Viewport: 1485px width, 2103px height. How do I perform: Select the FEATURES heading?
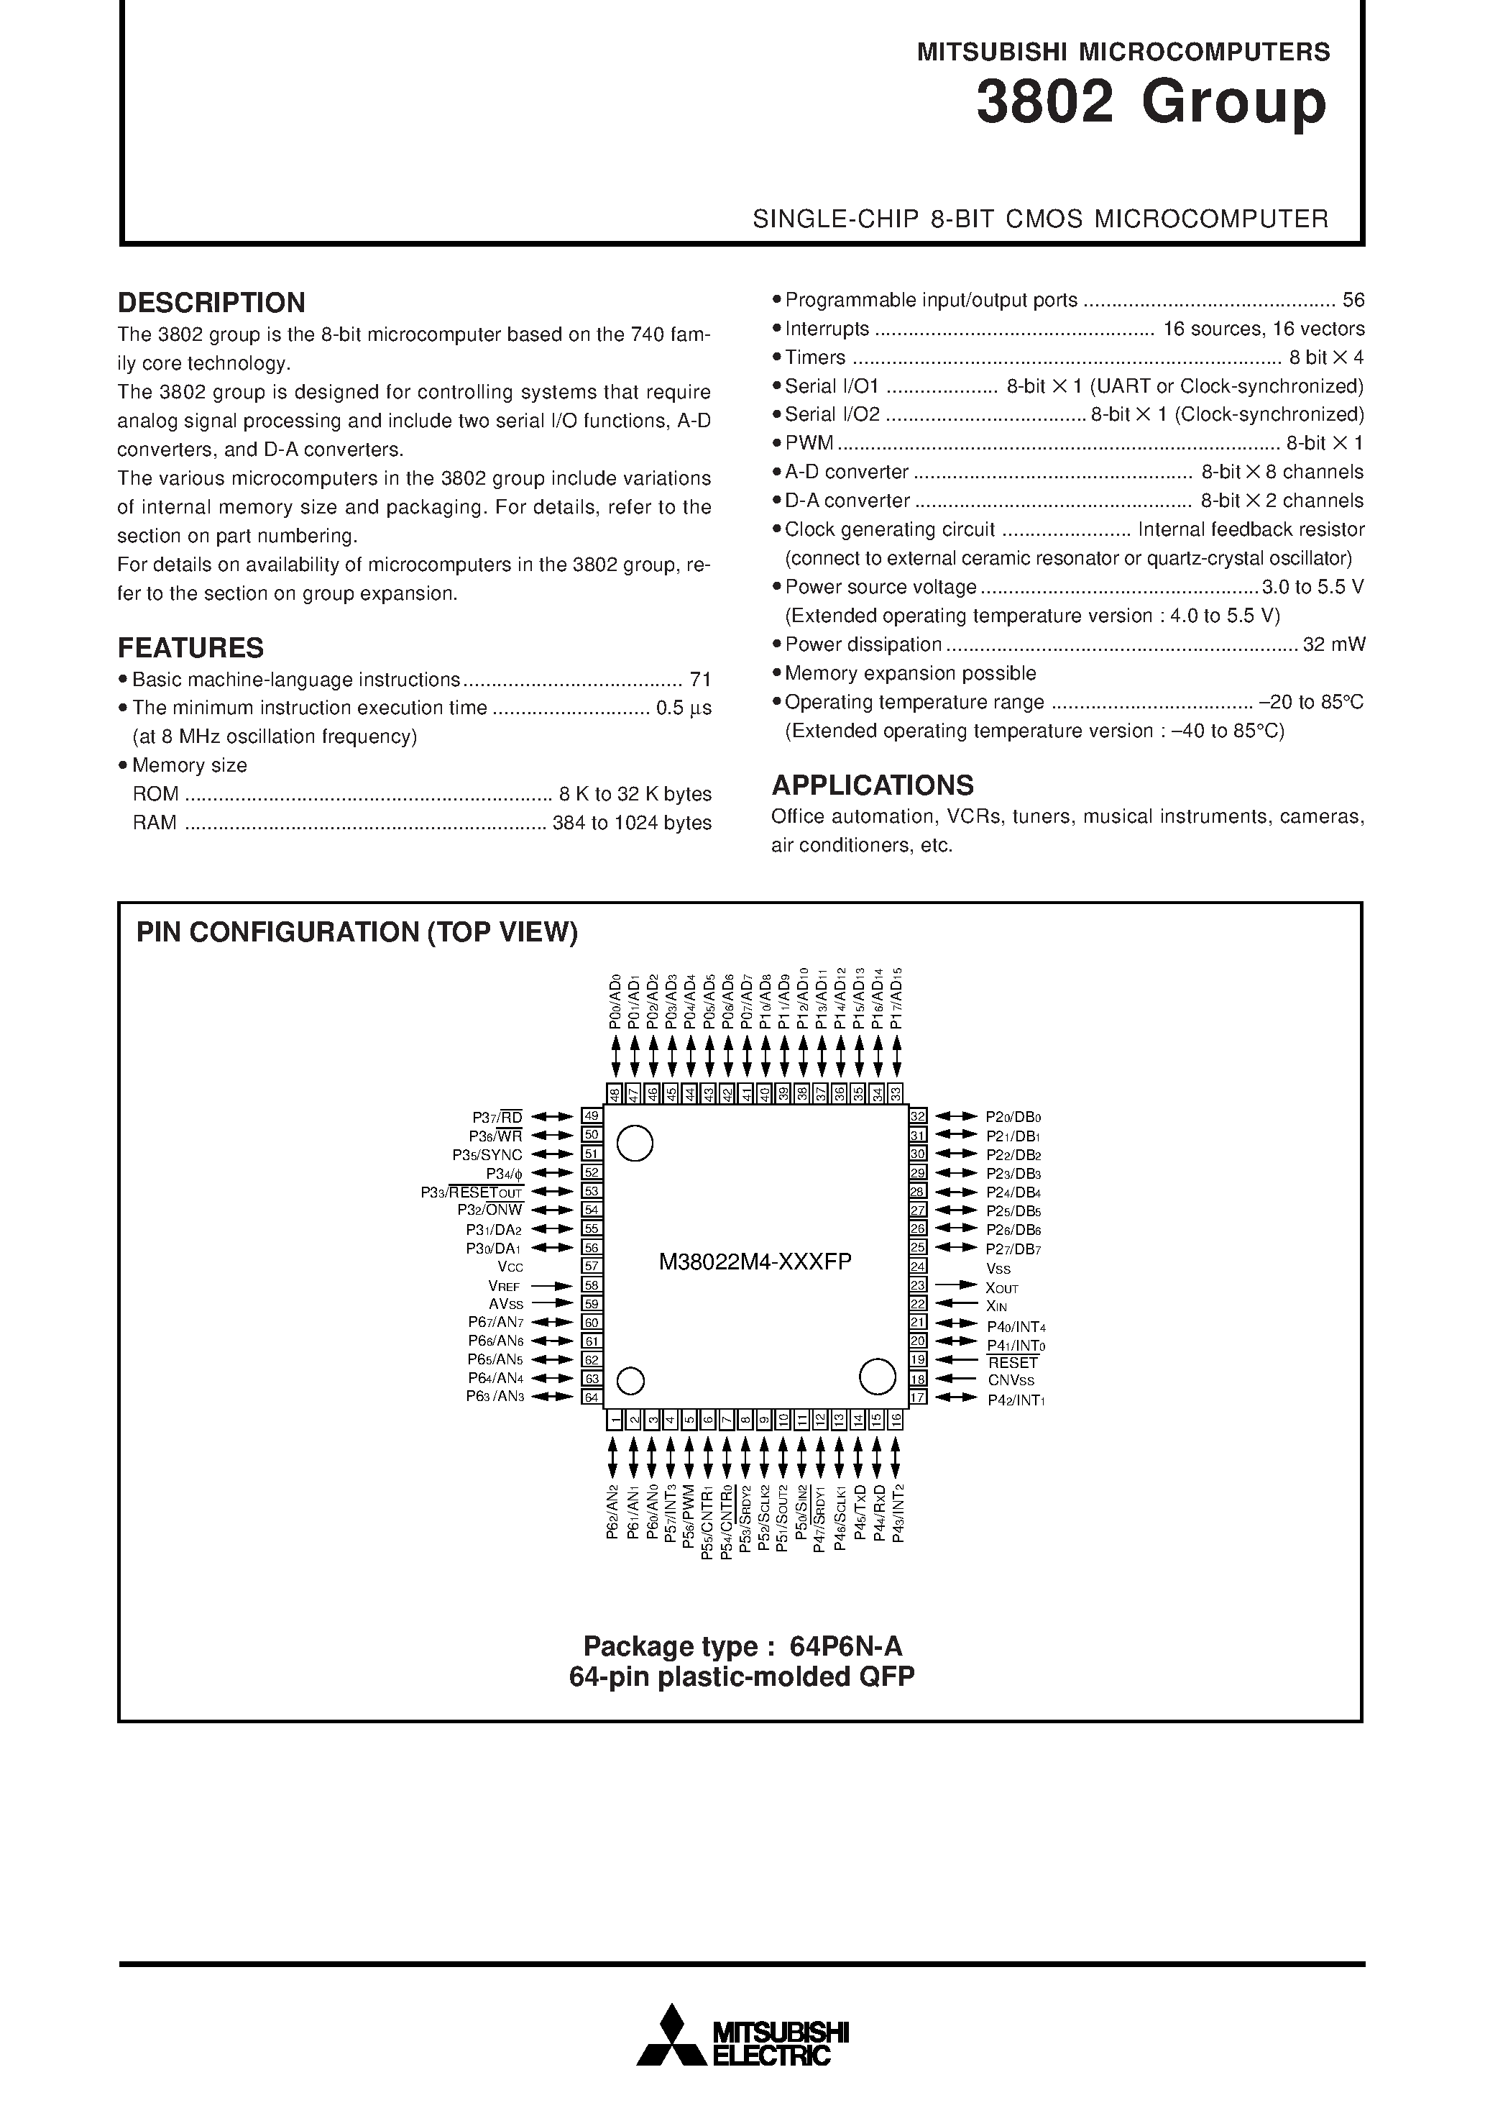click(x=190, y=647)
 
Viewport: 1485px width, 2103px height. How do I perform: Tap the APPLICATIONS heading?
click(x=872, y=785)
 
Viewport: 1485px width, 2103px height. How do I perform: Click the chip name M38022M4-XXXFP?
click(x=755, y=1262)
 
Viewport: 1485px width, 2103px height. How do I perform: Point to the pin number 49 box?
click(x=592, y=1116)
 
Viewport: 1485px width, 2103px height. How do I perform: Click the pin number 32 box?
click(x=917, y=1116)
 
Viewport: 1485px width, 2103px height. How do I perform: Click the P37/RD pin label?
click(x=497, y=1118)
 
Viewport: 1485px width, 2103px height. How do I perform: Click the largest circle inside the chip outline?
click(x=876, y=1377)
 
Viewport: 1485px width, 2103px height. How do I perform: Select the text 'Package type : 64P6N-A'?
click(x=742, y=1647)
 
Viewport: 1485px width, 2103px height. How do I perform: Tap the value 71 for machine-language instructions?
click(x=700, y=680)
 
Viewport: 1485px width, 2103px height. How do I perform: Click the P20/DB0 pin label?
click(x=1013, y=1118)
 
